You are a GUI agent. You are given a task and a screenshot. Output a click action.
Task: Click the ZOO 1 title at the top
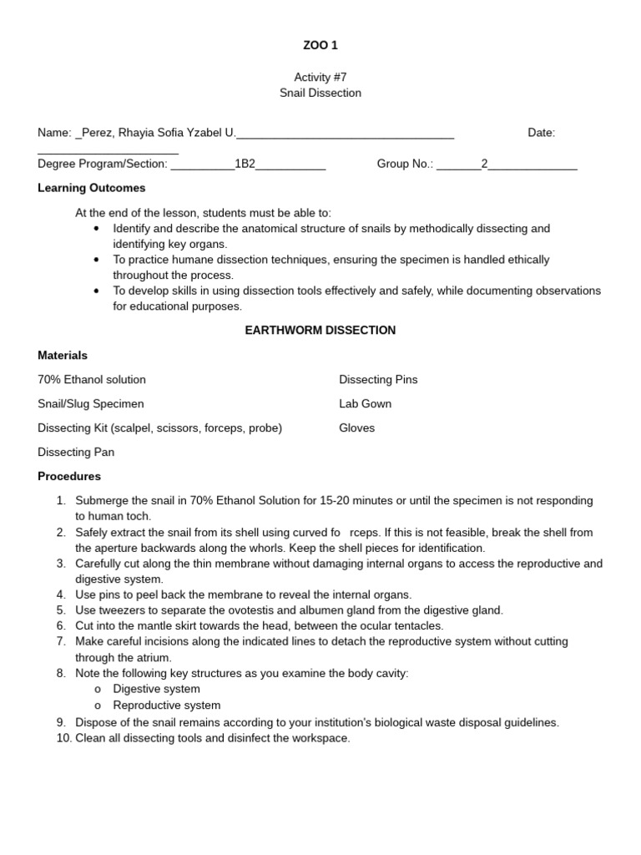(x=320, y=45)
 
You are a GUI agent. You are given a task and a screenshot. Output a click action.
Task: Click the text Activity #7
(x=320, y=77)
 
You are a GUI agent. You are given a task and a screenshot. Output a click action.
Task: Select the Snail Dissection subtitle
(x=320, y=93)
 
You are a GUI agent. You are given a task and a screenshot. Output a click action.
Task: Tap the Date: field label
(x=541, y=132)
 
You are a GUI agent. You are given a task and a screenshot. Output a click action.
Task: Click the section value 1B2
(x=245, y=164)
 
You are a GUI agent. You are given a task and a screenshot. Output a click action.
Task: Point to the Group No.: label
(x=405, y=164)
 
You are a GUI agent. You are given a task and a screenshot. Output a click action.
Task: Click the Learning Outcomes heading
(x=92, y=188)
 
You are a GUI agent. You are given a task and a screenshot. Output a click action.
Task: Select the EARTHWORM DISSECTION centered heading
(x=320, y=330)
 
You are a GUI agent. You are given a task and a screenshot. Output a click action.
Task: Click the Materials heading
(x=63, y=355)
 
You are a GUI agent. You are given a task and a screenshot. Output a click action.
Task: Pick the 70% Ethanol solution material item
(x=92, y=379)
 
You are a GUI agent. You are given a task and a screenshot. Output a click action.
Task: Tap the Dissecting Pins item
(x=378, y=379)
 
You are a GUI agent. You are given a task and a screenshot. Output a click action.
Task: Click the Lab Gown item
(x=365, y=403)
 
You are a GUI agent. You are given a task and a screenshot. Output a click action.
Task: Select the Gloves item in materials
(x=356, y=427)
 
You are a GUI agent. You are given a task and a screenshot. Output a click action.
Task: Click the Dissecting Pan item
(x=76, y=452)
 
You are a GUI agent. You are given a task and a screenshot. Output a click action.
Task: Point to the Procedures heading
(x=69, y=476)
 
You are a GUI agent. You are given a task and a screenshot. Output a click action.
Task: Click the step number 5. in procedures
(x=61, y=610)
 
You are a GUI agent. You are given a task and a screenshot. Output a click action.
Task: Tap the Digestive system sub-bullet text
(x=156, y=689)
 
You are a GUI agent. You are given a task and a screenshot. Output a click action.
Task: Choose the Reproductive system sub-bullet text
(x=167, y=705)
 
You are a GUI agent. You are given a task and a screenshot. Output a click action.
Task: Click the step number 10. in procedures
(x=63, y=738)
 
